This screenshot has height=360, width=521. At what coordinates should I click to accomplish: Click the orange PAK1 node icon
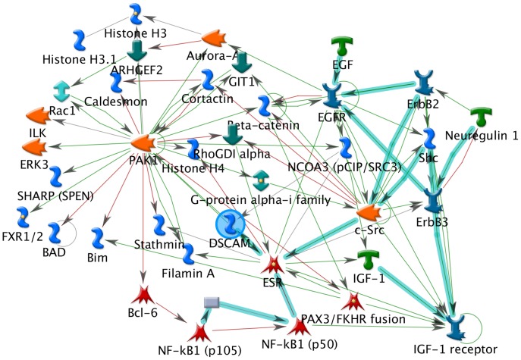click(143, 142)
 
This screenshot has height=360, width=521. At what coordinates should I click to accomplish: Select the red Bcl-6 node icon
click(143, 295)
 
